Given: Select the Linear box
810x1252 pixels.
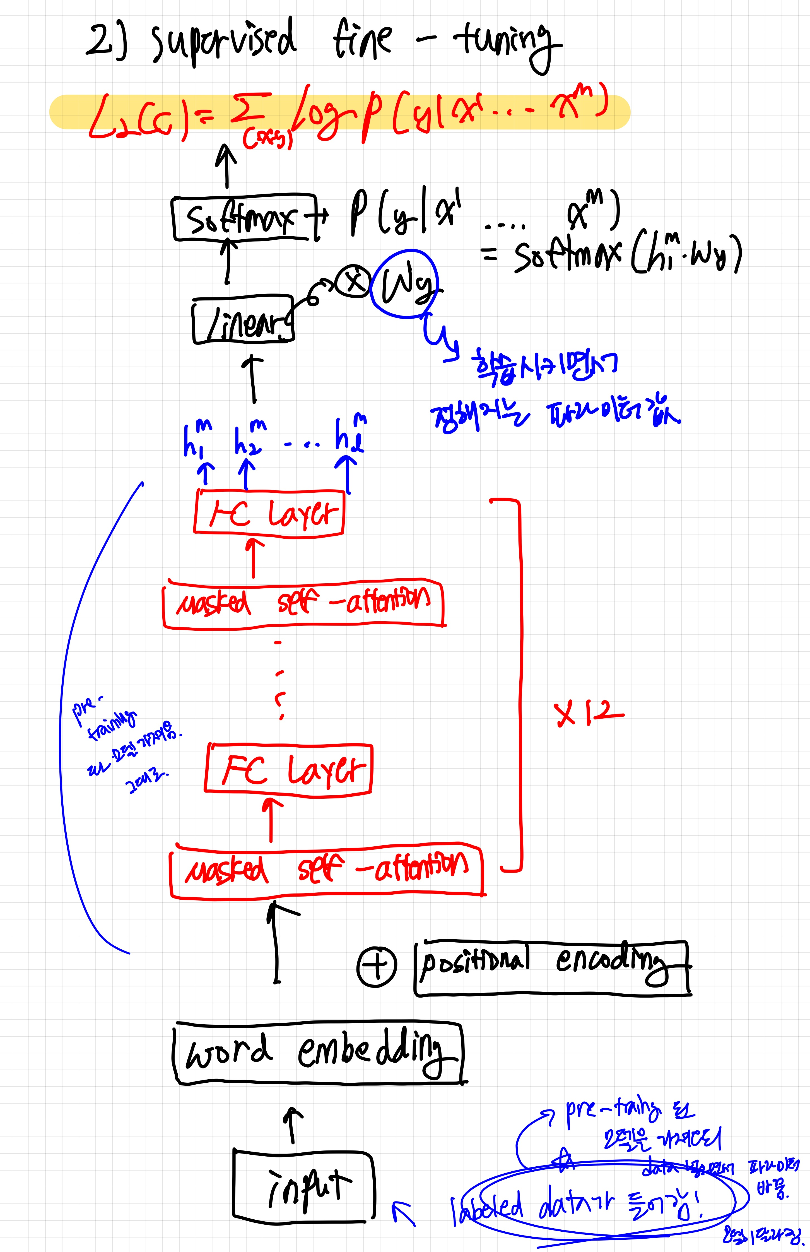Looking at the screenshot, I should (243, 321).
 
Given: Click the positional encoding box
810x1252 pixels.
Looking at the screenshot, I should (552, 968).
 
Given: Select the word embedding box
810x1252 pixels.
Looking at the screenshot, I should (318, 1052).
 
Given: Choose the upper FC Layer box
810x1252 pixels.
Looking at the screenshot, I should (269, 513).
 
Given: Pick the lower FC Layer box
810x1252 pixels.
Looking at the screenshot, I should (288, 769).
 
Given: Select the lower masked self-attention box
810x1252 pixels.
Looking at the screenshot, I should (326, 871).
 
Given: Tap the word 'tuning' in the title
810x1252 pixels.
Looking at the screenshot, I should (505, 42).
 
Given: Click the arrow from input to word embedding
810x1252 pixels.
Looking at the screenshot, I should (293, 1126).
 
